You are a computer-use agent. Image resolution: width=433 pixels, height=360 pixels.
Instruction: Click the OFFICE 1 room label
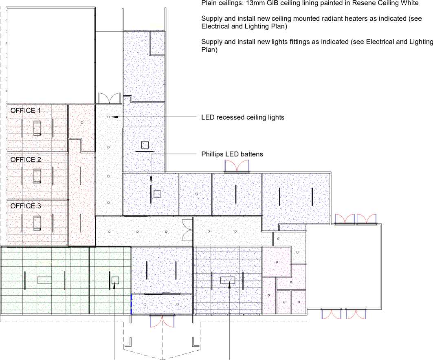coord(25,111)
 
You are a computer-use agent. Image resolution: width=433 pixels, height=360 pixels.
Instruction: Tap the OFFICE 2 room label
coord(25,160)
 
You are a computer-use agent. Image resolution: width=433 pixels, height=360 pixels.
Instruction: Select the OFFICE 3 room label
coord(25,206)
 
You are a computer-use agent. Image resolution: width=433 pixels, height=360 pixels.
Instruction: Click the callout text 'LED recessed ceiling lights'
coord(243,117)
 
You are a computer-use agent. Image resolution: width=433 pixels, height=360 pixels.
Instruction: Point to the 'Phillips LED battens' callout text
coord(232,154)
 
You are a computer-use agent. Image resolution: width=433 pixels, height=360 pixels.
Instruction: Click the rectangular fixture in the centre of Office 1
coord(37,128)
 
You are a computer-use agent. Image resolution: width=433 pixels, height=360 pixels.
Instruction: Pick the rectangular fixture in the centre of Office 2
coord(37,176)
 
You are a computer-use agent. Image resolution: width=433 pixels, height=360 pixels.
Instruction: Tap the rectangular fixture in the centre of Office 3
coord(37,223)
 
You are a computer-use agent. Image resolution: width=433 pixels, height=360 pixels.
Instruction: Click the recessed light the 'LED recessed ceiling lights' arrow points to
coord(108,117)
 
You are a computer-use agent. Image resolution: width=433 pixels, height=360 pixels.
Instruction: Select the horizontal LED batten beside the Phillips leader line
coord(145,151)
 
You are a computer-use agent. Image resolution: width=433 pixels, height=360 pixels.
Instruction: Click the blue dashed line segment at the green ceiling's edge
coord(131,304)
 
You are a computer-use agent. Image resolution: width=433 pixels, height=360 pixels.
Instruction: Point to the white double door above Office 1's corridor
coord(110,98)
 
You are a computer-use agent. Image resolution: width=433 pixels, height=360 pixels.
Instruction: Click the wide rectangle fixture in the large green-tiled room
coord(45,280)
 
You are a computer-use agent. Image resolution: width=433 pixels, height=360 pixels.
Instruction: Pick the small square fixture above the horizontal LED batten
coord(145,145)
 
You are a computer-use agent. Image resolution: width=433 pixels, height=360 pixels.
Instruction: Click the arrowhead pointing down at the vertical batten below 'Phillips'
coord(151,180)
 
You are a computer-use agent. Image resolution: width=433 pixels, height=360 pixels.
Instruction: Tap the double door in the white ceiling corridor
coord(187,230)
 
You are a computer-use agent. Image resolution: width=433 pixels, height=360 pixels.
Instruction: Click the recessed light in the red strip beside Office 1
coord(82,122)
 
